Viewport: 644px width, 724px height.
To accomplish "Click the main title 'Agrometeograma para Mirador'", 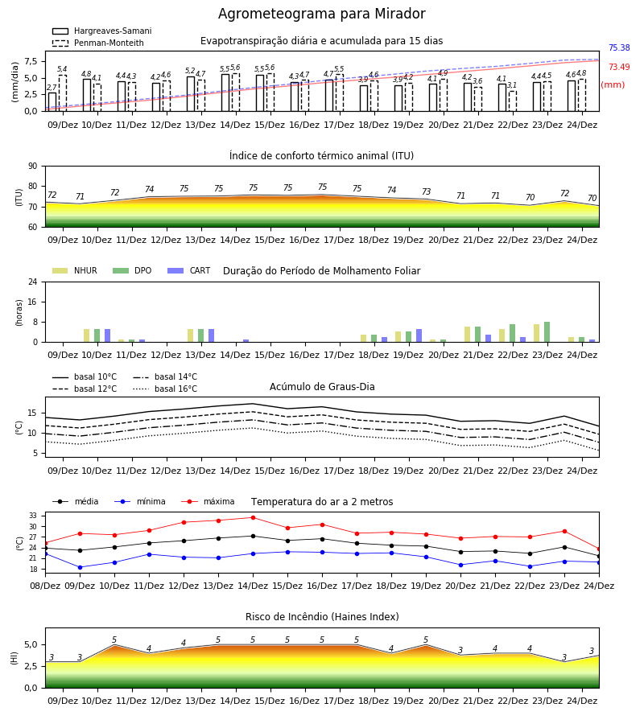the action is pos(321,14).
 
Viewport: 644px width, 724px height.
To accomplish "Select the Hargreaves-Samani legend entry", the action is pos(102,31).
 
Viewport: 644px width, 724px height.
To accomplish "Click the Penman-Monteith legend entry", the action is pos(98,43).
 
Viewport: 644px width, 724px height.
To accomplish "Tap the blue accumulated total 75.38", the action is pos(619,47).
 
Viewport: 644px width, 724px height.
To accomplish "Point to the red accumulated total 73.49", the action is pos(619,67).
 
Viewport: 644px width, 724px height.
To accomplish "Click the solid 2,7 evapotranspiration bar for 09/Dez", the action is pos(52,102).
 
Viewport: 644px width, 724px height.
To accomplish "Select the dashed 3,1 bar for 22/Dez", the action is pos(512,101).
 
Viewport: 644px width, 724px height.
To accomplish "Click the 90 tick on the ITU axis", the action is pos(33,167).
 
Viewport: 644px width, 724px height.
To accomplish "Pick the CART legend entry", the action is pos(189,270).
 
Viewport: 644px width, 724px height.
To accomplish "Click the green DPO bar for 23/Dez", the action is pos(547,332).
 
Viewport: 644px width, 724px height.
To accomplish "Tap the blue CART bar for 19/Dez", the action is pos(419,335).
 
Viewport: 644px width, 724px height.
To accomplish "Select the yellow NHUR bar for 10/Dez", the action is pos(86,335).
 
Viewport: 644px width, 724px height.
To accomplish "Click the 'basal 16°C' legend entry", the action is pos(165,389).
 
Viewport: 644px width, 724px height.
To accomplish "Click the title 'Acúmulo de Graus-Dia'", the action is pos(322,387).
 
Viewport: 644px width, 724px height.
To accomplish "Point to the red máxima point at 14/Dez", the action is pos(253,517).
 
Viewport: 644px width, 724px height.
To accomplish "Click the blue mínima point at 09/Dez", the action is pos(80,567).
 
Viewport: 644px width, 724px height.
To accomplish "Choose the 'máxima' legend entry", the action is pos(208,501).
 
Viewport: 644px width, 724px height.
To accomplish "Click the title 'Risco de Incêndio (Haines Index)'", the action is pos(322,617).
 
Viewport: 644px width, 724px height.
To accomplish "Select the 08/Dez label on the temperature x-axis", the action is pos(45,586).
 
